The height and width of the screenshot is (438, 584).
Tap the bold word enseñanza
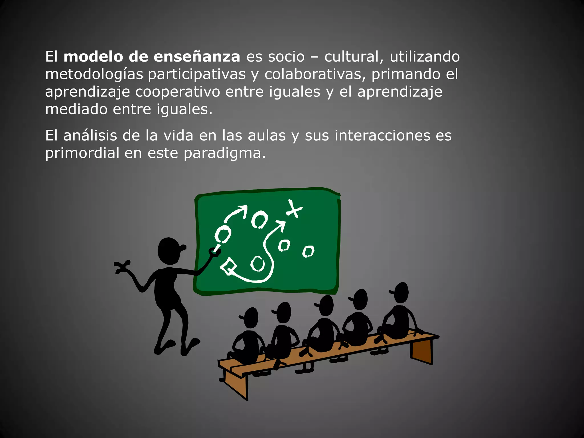click(x=197, y=56)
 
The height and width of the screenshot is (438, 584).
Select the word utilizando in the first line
click(x=425, y=56)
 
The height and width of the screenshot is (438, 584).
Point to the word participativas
click(x=197, y=75)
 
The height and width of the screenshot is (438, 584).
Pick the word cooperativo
click(x=177, y=92)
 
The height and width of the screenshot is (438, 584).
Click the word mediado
click(x=76, y=109)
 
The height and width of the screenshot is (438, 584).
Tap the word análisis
click(x=90, y=135)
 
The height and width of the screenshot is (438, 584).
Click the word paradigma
click(x=224, y=153)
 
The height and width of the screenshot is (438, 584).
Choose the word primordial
click(x=82, y=153)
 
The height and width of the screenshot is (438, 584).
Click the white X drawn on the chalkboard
click(x=294, y=209)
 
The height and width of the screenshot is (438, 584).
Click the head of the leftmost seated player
click(x=250, y=318)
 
